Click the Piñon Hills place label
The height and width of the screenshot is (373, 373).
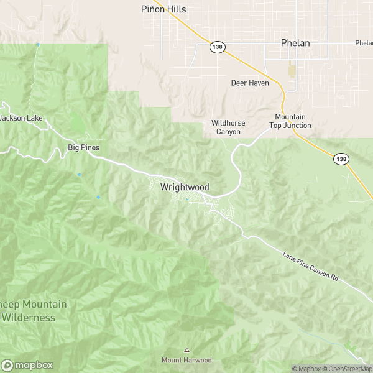(x=164, y=9)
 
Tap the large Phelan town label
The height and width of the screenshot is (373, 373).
(x=295, y=43)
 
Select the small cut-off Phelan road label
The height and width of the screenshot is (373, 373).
(x=364, y=43)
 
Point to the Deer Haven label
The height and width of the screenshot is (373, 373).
(x=250, y=83)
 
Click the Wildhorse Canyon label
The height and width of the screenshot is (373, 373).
(x=228, y=127)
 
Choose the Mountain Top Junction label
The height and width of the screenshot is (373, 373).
(x=290, y=121)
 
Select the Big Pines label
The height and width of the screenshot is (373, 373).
(x=83, y=147)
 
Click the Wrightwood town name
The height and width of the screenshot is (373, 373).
(x=185, y=186)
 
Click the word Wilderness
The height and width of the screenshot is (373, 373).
(x=28, y=318)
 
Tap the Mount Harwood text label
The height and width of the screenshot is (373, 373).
(x=186, y=360)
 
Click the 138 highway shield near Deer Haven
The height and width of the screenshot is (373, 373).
(x=216, y=47)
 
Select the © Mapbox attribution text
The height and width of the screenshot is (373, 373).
(x=306, y=369)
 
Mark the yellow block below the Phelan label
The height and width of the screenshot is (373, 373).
(x=292, y=71)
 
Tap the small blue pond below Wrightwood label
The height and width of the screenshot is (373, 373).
(x=187, y=199)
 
